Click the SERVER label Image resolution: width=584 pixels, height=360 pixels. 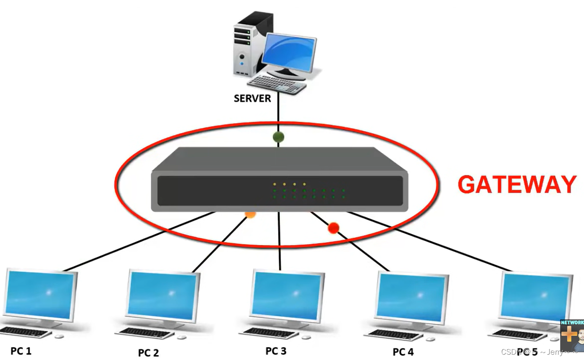tap(252, 98)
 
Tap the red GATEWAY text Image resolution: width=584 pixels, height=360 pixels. tap(517, 185)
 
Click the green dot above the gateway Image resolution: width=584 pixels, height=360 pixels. tap(278, 137)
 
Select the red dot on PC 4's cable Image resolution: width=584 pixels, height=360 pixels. tap(334, 228)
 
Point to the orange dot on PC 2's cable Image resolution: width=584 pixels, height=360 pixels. tap(250, 214)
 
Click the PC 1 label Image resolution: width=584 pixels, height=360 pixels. tap(21, 351)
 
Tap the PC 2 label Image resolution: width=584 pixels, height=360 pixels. tap(148, 353)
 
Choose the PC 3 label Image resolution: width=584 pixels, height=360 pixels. tap(276, 351)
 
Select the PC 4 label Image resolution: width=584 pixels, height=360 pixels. tap(403, 352)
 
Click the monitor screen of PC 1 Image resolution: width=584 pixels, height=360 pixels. tap(40, 294)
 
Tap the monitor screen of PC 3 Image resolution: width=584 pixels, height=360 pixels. tap(287, 295)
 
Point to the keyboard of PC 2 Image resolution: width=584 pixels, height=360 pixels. tap(146, 333)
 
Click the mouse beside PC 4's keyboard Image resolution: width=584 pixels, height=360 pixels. tap(430, 339)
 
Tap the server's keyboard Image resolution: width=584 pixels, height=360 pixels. tap(277, 84)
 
